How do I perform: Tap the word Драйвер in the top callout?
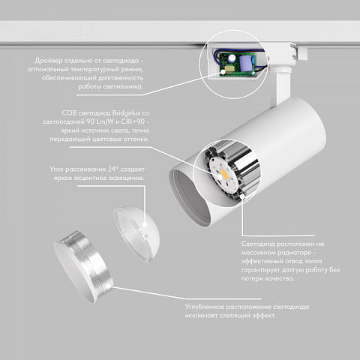click(x=49, y=61)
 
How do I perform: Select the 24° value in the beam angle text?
click(x=112, y=169)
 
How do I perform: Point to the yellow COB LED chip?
click(x=225, y=175)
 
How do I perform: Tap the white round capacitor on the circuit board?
click(x=232, y=58)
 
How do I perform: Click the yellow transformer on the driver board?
click(x=229, y=69)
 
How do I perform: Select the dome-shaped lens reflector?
click(x=136, y=233)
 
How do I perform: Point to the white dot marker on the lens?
click(x=145, y=224)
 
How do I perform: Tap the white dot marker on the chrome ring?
click(x=108, y=286)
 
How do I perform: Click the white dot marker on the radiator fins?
click(x=242, y=196)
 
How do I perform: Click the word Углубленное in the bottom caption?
click(x=204, y=307)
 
